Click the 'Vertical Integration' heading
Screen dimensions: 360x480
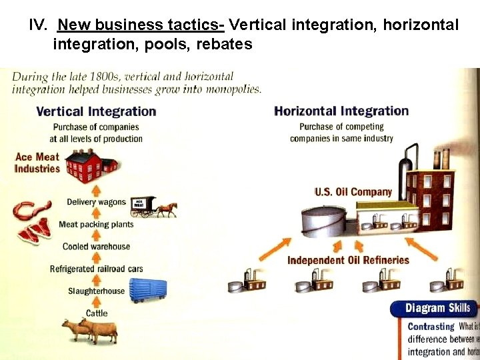click(96, 111)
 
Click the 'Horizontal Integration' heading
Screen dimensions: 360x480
click(341, 111)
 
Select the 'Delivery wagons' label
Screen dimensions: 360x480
click(96, 202)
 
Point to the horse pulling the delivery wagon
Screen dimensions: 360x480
click(167, 208)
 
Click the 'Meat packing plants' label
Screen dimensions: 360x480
click(96, 224)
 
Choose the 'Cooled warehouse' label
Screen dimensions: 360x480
click(96, 247)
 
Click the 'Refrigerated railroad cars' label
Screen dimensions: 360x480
click(96, 269)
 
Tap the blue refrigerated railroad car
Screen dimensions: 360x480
click(147, 291)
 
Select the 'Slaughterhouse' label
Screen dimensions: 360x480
click(96, 291)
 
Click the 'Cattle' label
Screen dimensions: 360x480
click(96, 313)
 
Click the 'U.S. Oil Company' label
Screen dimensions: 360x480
click(353, 192)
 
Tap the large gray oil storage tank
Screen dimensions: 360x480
click(323, 221)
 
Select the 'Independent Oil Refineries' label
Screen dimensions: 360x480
click(348, 260)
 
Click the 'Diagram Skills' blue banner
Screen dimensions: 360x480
click(436, 308)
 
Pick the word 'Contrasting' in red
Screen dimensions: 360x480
click(431, 327)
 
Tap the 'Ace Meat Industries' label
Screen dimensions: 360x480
click(37, 163)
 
